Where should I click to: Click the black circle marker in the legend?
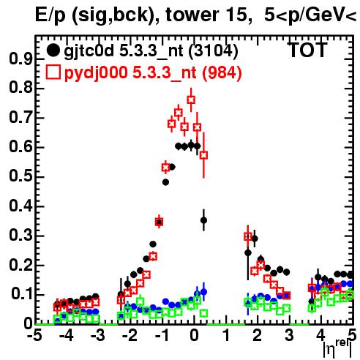[x=53, y=50]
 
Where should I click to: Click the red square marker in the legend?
[x=53, y=72]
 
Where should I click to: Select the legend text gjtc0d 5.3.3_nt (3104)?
[x=151, y=51]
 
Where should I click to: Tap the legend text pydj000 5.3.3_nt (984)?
[x=153, y=73]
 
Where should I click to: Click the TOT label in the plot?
[x=307, y=50]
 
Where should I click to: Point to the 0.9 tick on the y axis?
[x=20, y=59]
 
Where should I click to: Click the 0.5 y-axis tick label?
[x=20, y=176]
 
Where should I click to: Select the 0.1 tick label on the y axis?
[x=21, y=294]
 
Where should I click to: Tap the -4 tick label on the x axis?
[x=66, y=336]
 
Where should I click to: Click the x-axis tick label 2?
[x=257, y=336]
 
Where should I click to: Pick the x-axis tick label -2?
[x=130, y=336]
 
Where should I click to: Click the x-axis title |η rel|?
[x=337, y=350]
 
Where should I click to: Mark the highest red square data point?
[x=191, y=100]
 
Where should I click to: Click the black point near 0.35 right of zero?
[x=203, y=220]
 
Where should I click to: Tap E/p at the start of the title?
[x=50, y=16]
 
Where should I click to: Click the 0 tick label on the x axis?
[x=194, y=336]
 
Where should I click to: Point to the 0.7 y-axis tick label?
[x=20, y=118]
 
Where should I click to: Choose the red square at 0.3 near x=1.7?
[x=248, y=236]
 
